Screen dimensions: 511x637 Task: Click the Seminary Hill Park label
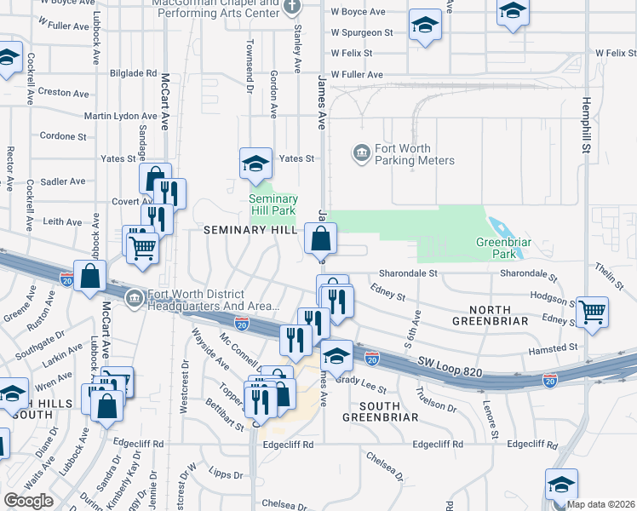point(272,204)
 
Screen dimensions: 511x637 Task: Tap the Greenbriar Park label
point(497,248)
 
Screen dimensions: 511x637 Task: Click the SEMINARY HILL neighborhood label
point(249,231)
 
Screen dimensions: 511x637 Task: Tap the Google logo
point(28,501)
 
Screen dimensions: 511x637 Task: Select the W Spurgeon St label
point(363,32)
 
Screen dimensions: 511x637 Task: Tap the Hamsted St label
point(553,347)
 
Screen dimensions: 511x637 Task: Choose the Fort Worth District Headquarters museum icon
point(135,299)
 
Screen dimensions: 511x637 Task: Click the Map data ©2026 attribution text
point(601,504)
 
